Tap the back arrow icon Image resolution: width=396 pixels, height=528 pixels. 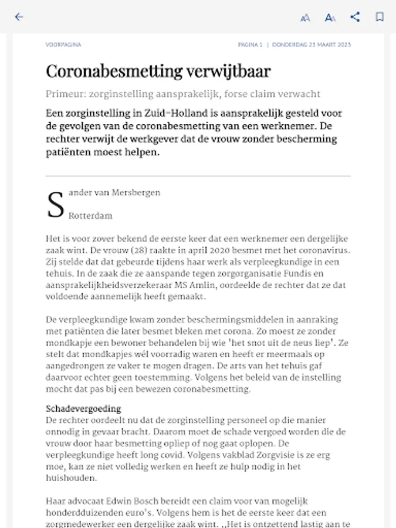(x=19, y=17)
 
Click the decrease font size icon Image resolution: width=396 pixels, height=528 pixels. (x=305, y=18)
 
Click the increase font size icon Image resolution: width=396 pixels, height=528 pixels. (x=330, y=18)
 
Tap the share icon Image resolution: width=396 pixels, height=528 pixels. (x=355, y=17)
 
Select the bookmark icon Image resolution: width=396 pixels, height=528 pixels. (x=380, y=17)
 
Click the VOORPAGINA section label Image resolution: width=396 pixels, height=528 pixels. (x=63, y=45)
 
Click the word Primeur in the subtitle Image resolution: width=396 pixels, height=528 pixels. (x=65, y=94)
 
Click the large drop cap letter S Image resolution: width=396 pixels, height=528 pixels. (x=55, y=204)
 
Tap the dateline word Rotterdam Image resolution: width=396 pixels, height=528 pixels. (x=90, y=216)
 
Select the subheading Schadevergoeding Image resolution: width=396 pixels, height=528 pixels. (x=83, y=408)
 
